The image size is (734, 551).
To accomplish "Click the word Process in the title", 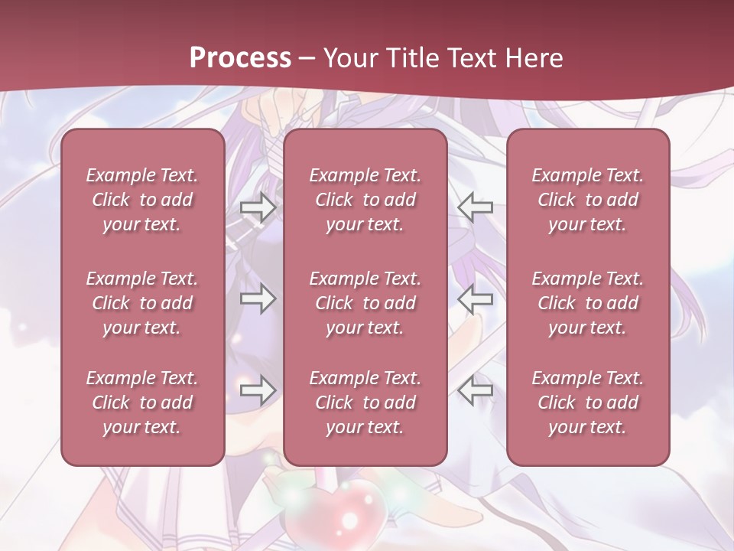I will pos(240,58).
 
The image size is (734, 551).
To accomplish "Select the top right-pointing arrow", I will pos(258,207).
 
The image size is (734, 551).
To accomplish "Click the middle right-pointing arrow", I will pos(258,298).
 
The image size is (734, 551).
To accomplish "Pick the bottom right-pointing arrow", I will pos(258,390).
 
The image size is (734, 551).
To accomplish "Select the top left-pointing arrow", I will pos(476,207).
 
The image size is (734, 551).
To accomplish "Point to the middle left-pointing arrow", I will pos(476,298).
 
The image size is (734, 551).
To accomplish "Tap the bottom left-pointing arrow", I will pos(476,390).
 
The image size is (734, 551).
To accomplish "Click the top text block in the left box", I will pos(142,200).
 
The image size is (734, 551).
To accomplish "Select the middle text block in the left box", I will pos(142,303).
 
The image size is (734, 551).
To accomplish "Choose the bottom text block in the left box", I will pos(142,403).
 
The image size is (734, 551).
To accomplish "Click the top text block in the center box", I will pos(365,200).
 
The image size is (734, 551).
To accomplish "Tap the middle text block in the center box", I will pos(365,303).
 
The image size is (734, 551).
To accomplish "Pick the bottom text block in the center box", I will pos(365,403).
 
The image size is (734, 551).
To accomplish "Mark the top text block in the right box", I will pos(587,200).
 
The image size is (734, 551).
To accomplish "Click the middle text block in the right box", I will pos(587,303).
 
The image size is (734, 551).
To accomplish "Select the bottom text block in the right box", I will pos(587,403).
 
